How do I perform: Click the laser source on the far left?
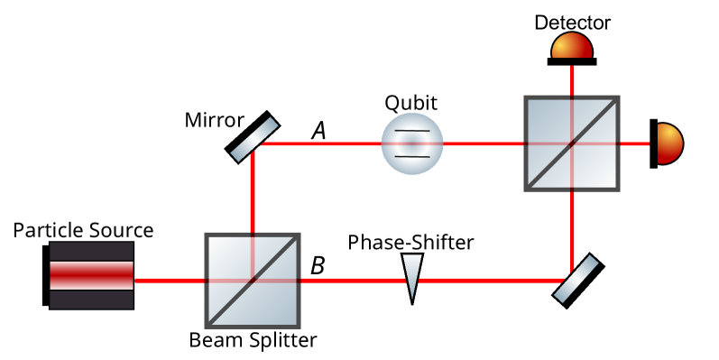91,275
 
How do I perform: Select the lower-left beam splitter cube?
253,281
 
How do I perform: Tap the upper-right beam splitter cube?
572,143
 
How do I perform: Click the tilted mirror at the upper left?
254,139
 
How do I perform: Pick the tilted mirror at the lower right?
576,279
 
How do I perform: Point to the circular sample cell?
412,143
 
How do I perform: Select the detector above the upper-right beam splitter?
572,47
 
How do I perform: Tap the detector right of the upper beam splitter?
668,143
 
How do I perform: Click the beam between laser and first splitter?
171,281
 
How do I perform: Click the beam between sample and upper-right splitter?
485,143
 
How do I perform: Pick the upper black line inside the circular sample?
412,132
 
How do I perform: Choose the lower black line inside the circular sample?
412,156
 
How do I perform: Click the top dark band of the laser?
91,251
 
